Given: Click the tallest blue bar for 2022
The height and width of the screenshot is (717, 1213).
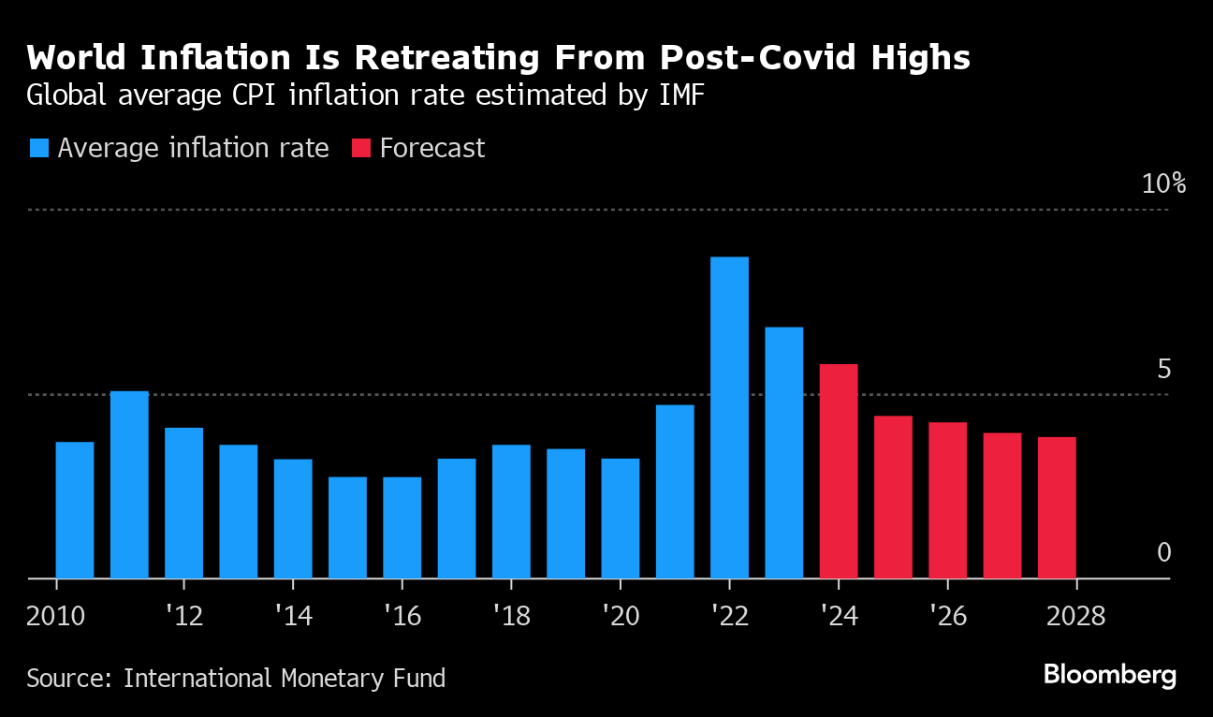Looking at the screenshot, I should (729, 417).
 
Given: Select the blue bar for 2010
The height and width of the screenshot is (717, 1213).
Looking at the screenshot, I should (75, 510).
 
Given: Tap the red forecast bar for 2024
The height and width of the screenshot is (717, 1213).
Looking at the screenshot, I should (839, 471).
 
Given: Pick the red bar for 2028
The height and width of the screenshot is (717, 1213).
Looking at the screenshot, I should (1057, 507).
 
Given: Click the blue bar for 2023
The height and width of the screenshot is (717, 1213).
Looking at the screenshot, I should (783, 452).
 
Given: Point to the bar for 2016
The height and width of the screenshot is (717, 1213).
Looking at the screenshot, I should (402, 528).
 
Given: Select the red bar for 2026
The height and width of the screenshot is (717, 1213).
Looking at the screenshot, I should (947, 500).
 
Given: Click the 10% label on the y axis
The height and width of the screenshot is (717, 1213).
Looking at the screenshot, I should (1163, 183).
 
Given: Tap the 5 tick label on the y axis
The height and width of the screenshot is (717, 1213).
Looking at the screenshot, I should (1163, 369).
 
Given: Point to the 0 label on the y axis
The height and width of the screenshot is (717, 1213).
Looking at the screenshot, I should (1164, 553).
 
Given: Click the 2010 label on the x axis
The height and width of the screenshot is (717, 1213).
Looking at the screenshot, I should (57, 618).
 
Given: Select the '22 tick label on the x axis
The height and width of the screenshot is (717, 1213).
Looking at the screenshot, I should (728, 618).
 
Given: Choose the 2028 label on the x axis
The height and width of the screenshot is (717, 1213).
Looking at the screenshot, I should (1076, 618).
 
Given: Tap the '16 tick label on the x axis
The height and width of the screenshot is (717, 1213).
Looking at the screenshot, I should (401, 618).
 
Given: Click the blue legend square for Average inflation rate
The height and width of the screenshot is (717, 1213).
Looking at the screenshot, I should (39, 148).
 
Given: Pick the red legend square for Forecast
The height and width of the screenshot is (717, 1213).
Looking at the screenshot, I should (361, 148).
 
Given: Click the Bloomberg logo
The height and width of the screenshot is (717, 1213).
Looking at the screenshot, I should (1109, 676).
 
